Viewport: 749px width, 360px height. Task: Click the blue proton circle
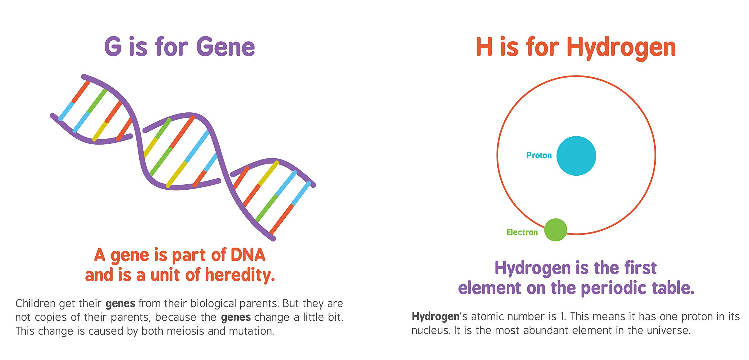click(576, 156)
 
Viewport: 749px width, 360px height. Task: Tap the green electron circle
click(556, 230)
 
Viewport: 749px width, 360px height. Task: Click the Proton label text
click(539, 155)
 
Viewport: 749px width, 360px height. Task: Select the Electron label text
click(522, 232)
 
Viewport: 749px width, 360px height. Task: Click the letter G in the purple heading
click(113, 46)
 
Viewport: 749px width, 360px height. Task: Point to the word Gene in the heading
click(226, 46)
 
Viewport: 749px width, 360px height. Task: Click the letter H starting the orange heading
click(484, 46)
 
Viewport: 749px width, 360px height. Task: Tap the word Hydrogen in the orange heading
click(621, 49)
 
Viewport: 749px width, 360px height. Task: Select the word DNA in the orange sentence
click(248, 255)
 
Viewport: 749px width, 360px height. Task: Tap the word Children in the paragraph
click(35, 304)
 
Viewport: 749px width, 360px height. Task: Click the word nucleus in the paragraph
click(431, 330)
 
